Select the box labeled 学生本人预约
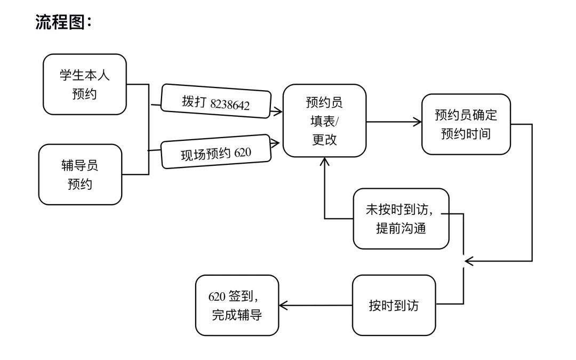click(x=84, y=84)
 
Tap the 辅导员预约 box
click(x=80, y=174)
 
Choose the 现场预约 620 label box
click(x=216, y=153)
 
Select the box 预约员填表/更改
click(x=324, y=121)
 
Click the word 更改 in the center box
click(x=324, y=140)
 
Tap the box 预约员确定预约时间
click(x=466, y=124)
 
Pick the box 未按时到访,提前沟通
click(x=401, y=219)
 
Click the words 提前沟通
click(x=401, y=228)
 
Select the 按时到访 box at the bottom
click(x=394, y=306)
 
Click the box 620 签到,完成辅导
click(x=237, y=306)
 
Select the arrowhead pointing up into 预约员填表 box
click(x=325, y=162)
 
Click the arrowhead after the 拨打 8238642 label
click(x=278, y=111)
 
